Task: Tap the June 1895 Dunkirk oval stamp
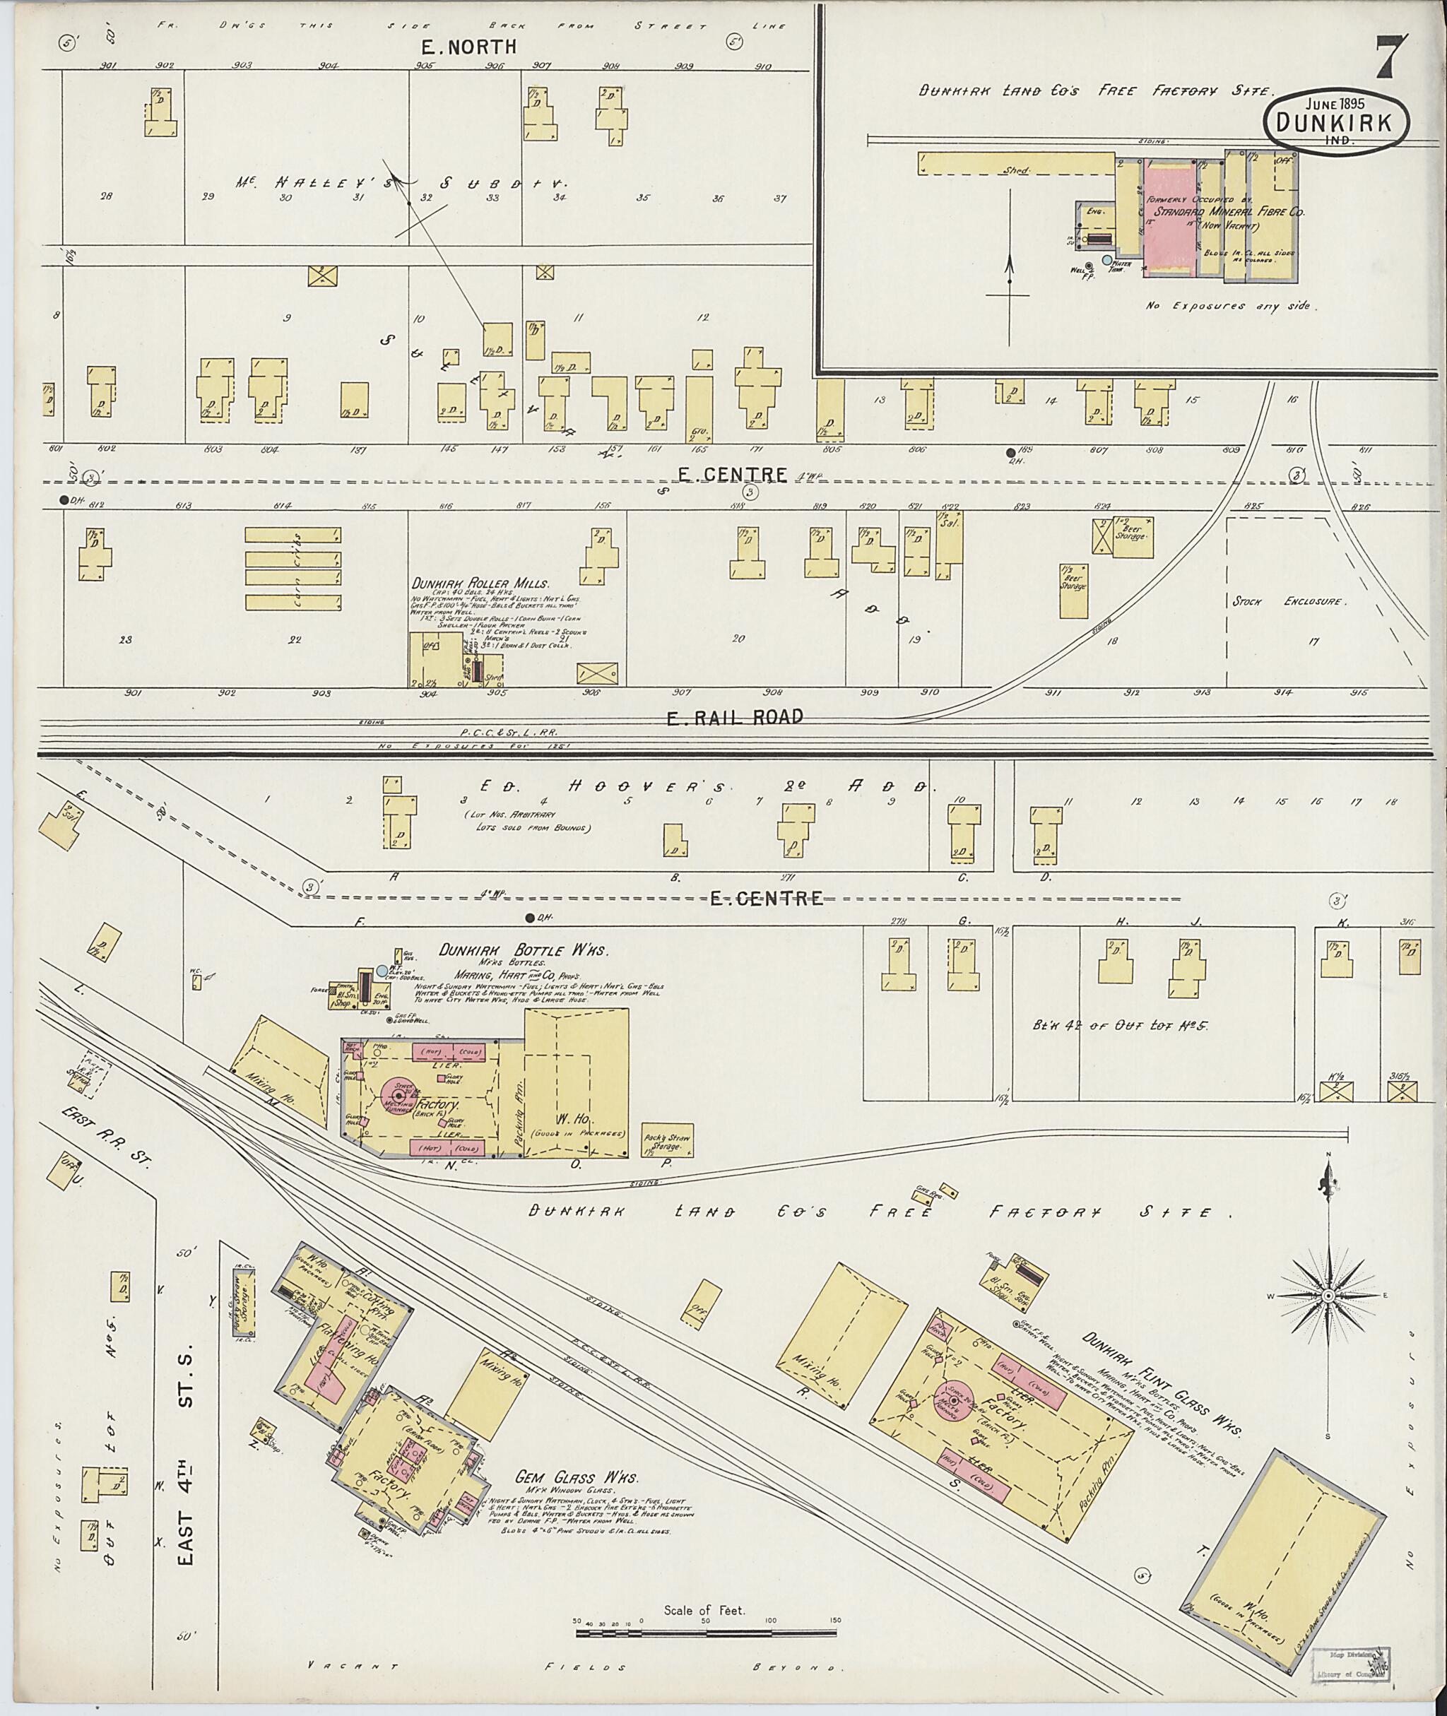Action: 1336,122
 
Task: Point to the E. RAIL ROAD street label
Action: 734,717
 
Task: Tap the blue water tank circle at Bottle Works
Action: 382,971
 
